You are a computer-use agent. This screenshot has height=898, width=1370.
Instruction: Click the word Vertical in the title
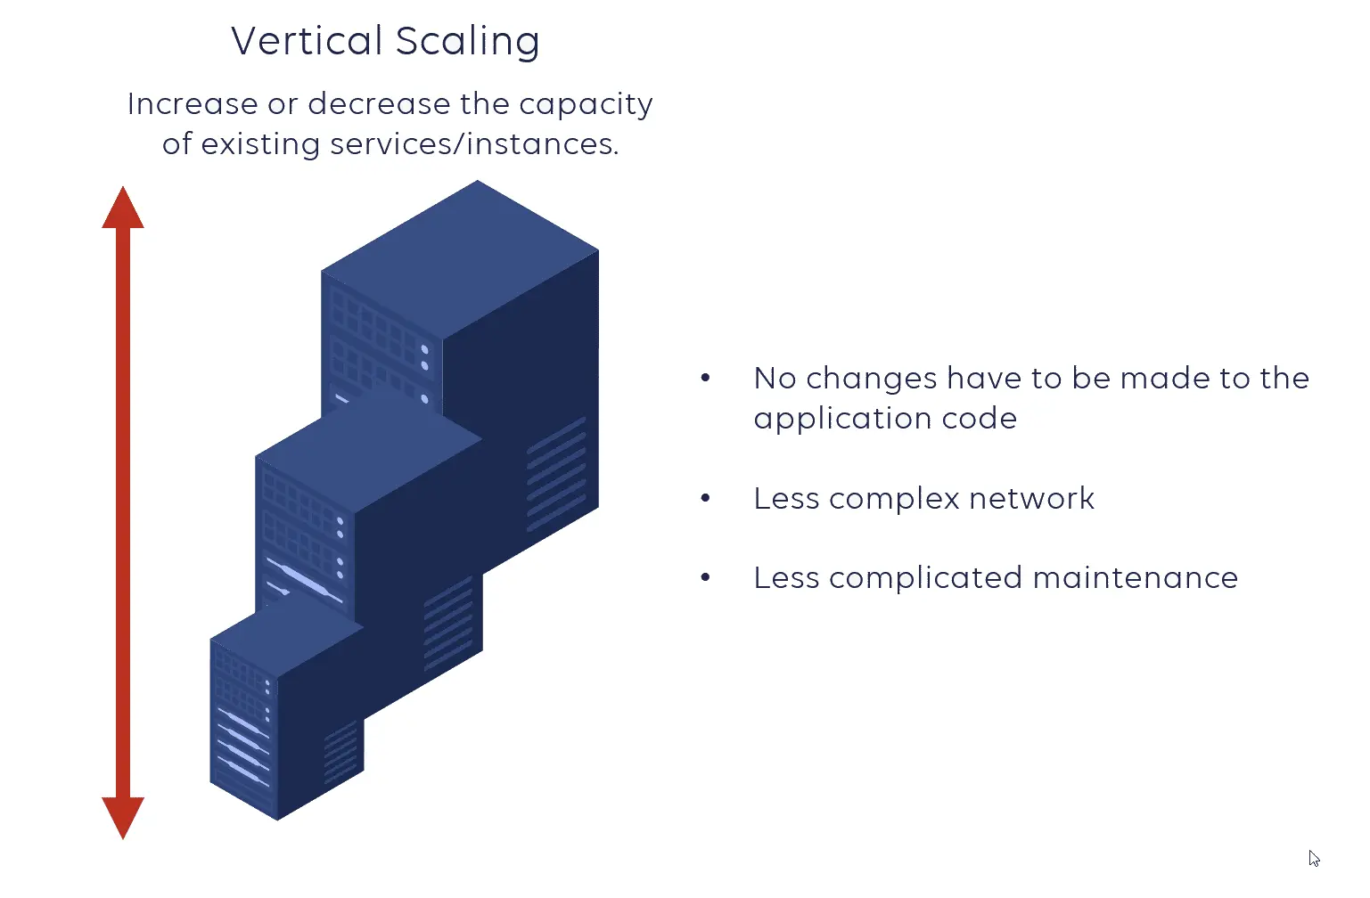307,41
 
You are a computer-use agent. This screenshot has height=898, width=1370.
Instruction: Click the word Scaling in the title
467,42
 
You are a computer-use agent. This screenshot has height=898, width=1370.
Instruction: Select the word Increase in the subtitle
193,104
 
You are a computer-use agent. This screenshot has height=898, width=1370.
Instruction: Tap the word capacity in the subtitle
586,105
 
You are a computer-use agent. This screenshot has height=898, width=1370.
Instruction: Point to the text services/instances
474,144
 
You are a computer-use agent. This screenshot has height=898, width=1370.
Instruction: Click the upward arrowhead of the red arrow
123,209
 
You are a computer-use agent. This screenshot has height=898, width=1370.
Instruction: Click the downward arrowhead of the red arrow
123,815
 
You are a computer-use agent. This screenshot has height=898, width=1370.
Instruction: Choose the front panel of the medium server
303,535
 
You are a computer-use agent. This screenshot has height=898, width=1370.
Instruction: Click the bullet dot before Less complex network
705,498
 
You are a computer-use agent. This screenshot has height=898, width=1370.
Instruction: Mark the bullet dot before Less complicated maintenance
705,578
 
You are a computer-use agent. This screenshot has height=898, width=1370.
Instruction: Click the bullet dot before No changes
705,378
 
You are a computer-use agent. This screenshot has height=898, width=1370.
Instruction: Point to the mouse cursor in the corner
1314,858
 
